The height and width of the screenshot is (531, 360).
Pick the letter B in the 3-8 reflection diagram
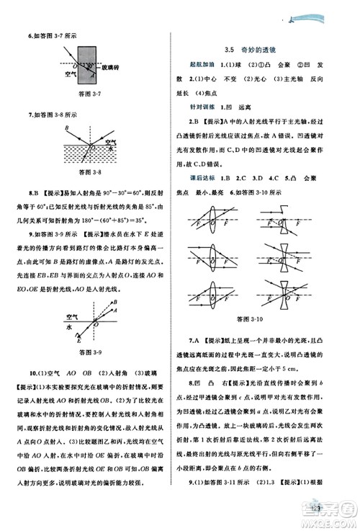[x=66, y=128]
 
